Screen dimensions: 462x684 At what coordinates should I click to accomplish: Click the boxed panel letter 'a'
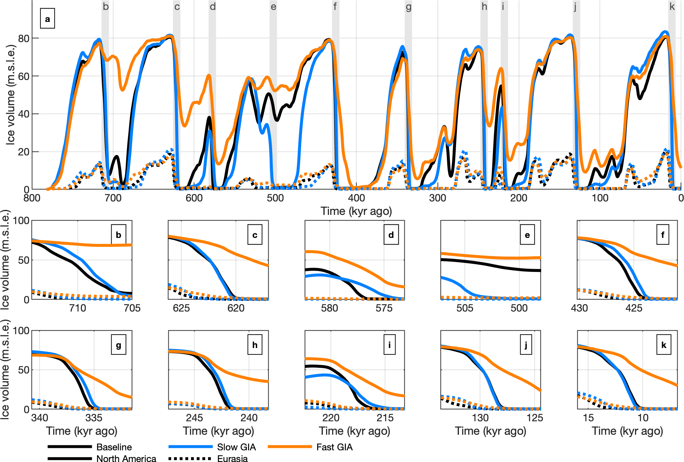coord(47,19)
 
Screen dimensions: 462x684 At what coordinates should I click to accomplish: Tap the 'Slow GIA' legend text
coord(236,447)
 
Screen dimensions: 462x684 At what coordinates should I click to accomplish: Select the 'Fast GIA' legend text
coord(334,447)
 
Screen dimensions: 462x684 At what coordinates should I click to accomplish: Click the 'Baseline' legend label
coord(114,447)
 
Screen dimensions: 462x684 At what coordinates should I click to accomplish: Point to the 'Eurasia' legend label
coord(232,458)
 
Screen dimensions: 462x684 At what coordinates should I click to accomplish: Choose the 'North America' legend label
coord(126,458)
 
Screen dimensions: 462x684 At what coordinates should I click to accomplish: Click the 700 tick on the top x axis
coord(113,198)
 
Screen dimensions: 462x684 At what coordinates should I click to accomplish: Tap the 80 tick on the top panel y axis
coord(23,38)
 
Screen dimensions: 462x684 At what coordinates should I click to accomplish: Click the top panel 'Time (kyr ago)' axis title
coord(356,211)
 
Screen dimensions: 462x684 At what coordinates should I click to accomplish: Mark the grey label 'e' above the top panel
coord(273,7)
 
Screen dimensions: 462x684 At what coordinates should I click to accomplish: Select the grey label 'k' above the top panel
coord(672,7)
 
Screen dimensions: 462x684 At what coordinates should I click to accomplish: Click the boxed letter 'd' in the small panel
coord(391,235)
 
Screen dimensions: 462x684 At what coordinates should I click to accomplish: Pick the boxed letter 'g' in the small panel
coord(118,345)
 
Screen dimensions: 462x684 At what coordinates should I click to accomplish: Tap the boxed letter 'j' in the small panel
coord(526,345)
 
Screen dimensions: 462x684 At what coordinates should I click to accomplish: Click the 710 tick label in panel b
coord(78,308)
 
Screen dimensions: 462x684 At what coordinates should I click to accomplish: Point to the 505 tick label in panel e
coord(465,308)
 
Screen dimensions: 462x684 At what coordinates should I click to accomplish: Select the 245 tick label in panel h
coord(195,418)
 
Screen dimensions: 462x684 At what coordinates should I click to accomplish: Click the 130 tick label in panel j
coord(480,418)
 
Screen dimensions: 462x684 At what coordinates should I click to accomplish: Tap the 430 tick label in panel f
coord(579,308)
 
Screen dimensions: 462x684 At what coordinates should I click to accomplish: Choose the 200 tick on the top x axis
coord(518,198)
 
